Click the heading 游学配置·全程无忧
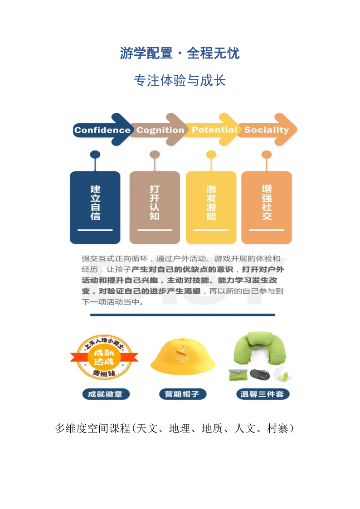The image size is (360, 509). (180, 53)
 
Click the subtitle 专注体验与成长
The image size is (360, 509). (180, 81)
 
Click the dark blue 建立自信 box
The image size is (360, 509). (95, 207)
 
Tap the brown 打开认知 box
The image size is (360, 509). (155, 207)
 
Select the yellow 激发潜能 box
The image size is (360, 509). (211, 207)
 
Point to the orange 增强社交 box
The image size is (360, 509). (267, 207)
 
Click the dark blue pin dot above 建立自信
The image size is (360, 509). (95, 155)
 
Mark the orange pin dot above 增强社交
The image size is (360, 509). (267, 155)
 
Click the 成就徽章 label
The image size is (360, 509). (106, 394)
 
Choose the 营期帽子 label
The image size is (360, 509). (183, 394)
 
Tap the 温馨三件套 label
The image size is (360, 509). (263, 394)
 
